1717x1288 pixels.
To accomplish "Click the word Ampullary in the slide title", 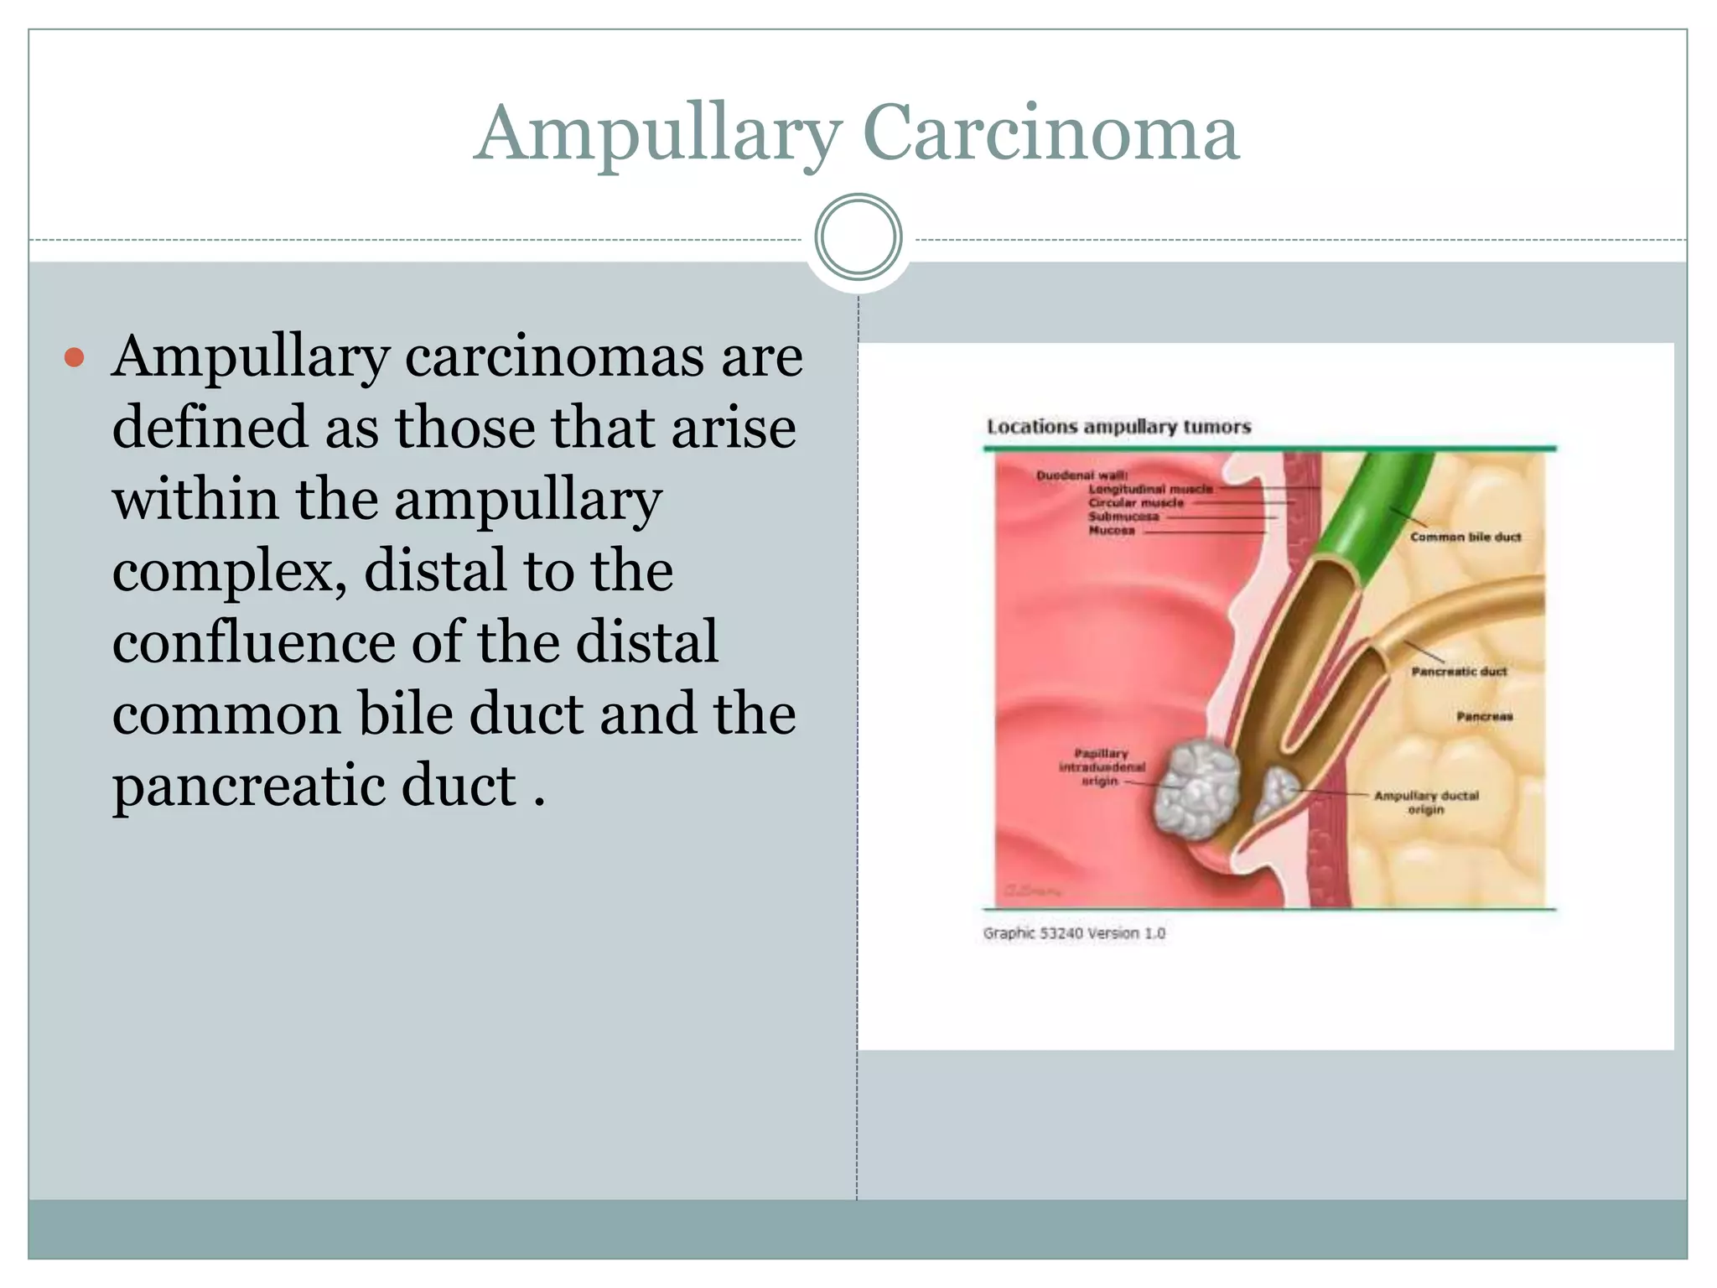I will tap(658, 134).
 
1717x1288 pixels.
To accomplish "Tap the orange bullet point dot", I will tap(75, 358).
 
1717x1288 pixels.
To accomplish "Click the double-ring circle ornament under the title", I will tap(858, 237).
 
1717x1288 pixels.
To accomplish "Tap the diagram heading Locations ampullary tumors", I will tap(1118, 427).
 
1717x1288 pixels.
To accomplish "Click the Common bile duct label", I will tap(1465, 537).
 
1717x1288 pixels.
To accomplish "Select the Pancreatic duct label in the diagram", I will tap(1459, 672).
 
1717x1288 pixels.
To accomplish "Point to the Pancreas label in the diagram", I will tap(1484, 716).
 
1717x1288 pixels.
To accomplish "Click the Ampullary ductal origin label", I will tap(1426, 802).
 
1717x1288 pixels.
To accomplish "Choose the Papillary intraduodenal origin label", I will tap(1102, 767).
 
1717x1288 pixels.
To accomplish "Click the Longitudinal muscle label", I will tap(1150, 489).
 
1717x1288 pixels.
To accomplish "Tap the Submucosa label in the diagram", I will tap(1123, 517).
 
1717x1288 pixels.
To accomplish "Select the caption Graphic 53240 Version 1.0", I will tap(1074, 933).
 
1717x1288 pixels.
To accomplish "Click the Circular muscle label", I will tap(1136, 503).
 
